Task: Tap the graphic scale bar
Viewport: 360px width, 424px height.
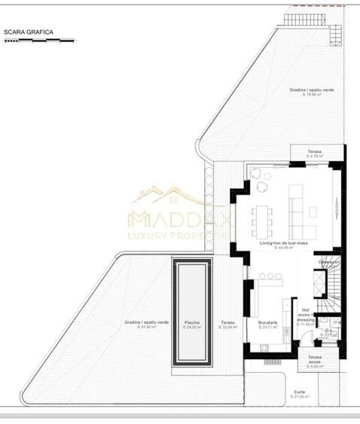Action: tap(39, 41)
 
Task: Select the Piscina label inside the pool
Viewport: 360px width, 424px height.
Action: tap(191, 325)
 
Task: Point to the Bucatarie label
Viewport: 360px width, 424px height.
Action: tap(267, 324)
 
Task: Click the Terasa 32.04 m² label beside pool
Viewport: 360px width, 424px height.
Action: tap(227, 325)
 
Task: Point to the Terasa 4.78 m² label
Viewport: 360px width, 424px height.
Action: tap(314, 154)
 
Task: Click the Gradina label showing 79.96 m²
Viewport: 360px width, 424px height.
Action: tap(312, 92)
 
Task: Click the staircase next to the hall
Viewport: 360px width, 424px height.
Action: tap(331, 282)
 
